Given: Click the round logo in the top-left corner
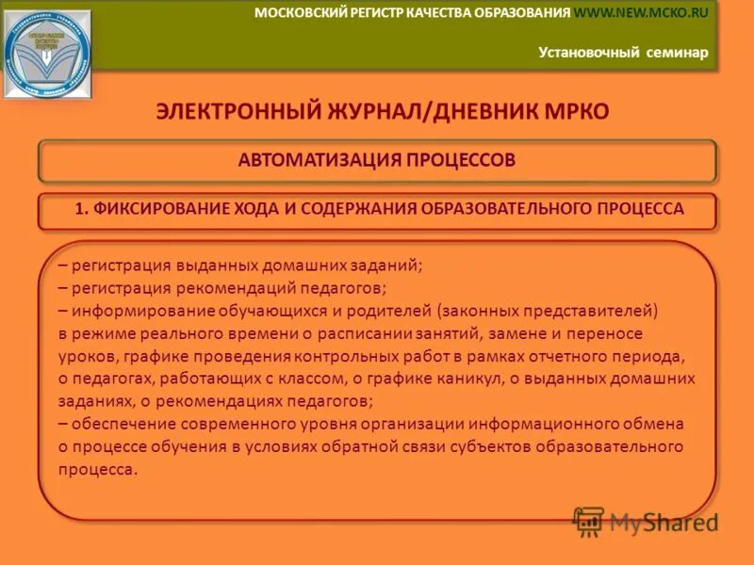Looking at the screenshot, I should tap(47, 53).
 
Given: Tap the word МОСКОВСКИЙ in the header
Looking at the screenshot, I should tap(299, 12).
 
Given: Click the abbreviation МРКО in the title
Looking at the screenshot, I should tap(569, 111).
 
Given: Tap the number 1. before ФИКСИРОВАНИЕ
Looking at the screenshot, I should tap(81, 209).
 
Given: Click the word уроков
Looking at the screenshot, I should tap(85, 356).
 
